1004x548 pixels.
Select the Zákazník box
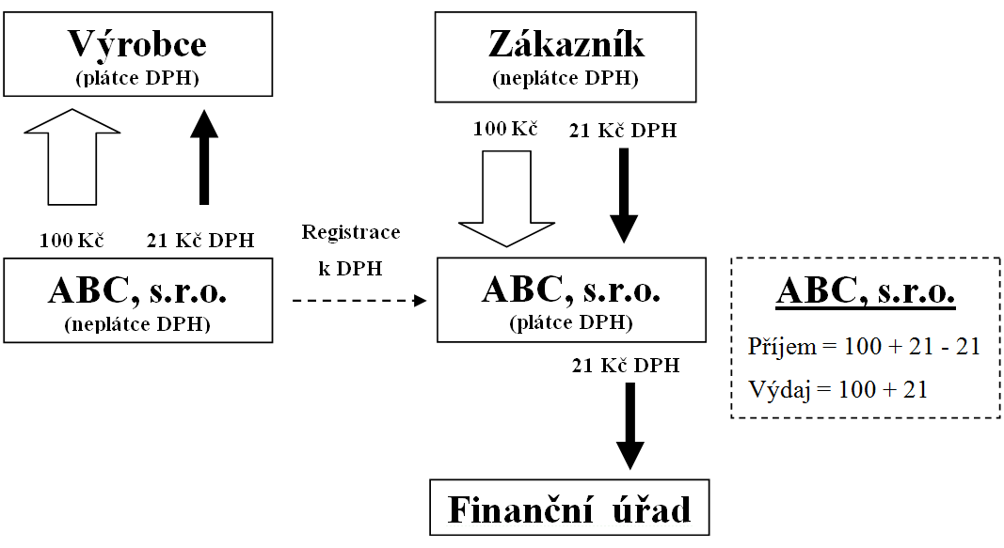(x=565, y=56)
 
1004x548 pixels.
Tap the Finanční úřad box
(x=569, y=508)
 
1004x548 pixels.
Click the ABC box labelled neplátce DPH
(x=137, y=300)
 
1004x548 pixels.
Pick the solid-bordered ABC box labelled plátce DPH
(x=572, y=298)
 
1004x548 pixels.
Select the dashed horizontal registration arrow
(x=359, y=301)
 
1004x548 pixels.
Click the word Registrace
(x=350, y=232)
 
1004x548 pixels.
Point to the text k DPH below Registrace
(x=350, y=270)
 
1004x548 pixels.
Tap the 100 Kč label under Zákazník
(x=505, y=129)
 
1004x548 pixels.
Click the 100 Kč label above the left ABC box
(x=71, y=240)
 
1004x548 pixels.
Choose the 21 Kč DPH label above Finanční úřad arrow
(x=625, y=366)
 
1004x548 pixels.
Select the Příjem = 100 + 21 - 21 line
(x=865, y=347)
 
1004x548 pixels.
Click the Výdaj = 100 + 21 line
(x=838, y=388)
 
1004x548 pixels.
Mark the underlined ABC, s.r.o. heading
(x=866, y=293)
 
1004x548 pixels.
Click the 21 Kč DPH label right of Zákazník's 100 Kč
(x=622, y=132)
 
